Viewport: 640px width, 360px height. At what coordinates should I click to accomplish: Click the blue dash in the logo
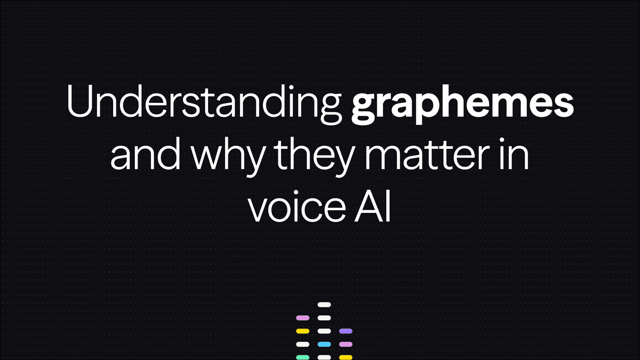324,344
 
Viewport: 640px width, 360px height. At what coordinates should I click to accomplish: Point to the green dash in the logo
303,357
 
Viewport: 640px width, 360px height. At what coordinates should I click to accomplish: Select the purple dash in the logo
346,331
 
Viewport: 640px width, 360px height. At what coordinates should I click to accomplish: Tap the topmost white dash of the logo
324,305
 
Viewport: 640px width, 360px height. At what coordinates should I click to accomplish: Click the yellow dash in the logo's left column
303,331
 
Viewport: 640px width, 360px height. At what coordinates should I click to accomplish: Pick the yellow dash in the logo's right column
346,357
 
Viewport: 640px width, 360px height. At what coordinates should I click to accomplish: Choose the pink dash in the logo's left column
303,318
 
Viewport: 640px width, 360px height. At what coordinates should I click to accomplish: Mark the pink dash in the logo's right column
346,344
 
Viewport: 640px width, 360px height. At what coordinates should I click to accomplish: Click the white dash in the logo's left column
303,344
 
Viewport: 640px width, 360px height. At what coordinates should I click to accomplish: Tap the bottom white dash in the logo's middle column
324,357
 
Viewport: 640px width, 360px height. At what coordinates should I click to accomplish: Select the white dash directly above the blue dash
324,331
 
